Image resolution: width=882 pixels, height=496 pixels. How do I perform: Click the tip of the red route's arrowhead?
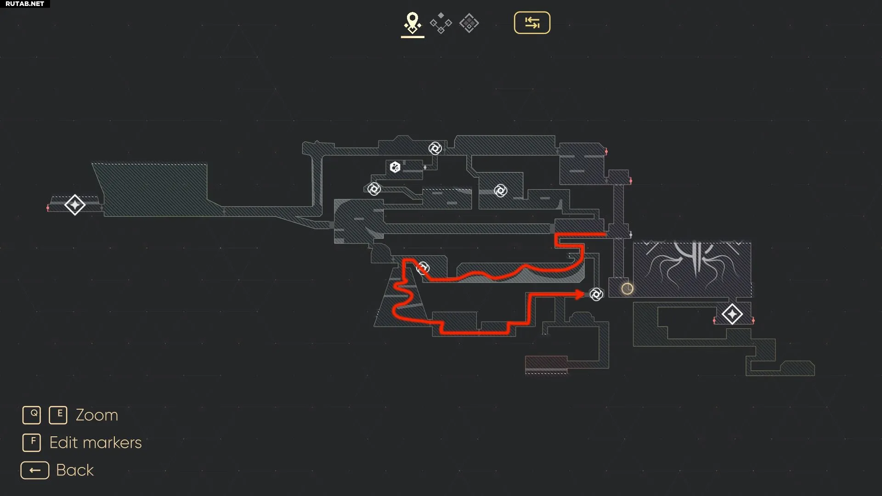585,294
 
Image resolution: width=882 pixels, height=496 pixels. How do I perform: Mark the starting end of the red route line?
606,235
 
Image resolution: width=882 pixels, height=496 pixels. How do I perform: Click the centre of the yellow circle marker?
627,288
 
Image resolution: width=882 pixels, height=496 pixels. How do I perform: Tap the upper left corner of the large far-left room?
92,163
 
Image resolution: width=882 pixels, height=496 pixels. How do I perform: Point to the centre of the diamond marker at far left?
75,205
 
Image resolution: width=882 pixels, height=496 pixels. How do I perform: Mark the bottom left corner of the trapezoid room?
374,327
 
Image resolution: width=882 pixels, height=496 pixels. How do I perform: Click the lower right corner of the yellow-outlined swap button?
550,33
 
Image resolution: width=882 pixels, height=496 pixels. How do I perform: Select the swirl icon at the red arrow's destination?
596,294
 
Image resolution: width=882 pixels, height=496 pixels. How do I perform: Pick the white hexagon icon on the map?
395,167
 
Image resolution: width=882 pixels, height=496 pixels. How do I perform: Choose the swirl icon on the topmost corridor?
435,148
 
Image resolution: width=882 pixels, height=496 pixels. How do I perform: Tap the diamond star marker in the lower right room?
732,314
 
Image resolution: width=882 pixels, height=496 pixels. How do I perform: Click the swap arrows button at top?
532,23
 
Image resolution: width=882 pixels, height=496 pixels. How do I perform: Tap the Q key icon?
32,415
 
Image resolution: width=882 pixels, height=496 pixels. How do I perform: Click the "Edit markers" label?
96,443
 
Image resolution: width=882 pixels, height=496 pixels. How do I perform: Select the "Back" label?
75,470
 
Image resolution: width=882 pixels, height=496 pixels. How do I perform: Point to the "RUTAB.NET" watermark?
25,4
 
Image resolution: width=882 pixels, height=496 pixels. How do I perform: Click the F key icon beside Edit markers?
32,443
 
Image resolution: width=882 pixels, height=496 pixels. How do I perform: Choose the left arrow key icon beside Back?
35,470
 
